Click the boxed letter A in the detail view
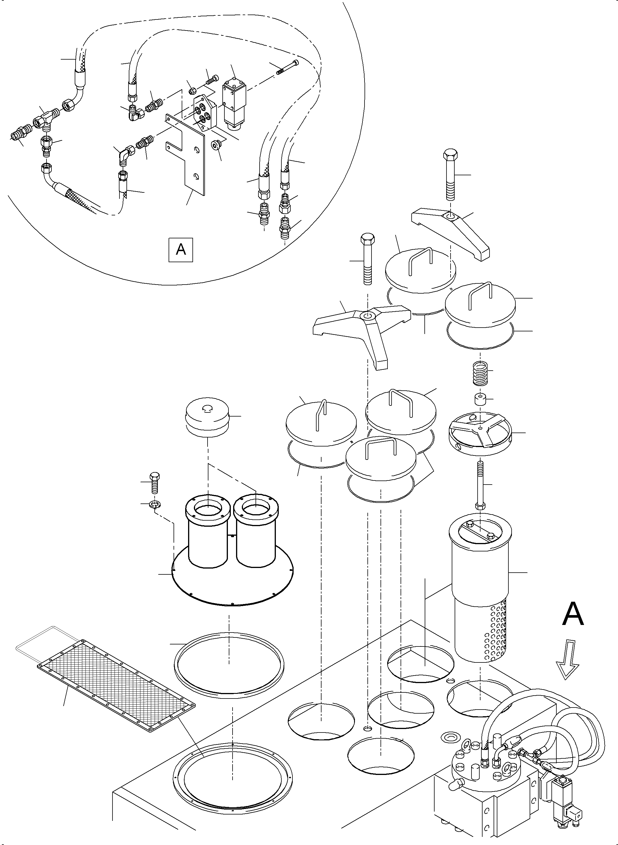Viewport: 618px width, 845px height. (x=181, y=249)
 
